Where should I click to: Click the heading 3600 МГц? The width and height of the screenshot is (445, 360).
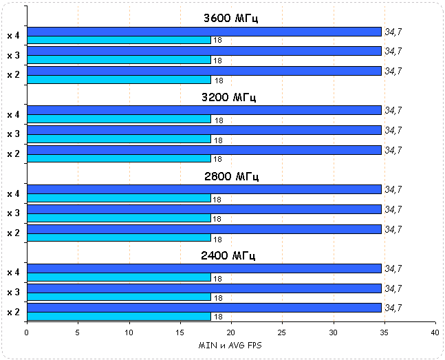230,18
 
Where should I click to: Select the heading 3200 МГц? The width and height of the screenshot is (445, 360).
230,97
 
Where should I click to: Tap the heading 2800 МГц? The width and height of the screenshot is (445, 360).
230,176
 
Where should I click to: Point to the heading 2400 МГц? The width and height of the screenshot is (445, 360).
230,255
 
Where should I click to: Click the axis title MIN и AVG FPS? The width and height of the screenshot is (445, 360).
230,343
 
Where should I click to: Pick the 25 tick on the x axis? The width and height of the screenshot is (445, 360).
282,332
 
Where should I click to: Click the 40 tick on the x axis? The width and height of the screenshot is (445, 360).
435,332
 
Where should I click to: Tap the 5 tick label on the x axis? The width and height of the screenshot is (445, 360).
78,332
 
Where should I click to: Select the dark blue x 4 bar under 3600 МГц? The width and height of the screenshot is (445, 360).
204,31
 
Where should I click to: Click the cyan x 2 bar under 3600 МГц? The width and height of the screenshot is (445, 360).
118,80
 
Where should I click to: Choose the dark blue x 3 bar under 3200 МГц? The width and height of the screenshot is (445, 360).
204,130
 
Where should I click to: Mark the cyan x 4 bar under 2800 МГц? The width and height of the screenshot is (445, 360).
118,198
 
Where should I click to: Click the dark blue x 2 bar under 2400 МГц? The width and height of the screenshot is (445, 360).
204,308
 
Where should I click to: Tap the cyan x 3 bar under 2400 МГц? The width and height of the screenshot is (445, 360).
118,297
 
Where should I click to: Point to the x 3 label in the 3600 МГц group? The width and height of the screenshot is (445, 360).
12,55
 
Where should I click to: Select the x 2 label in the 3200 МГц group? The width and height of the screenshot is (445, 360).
12,154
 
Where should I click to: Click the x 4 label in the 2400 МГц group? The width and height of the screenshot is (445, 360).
12,273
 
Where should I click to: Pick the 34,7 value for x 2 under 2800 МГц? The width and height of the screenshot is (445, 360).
393,229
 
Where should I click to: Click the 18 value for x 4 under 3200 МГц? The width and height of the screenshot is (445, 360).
218,120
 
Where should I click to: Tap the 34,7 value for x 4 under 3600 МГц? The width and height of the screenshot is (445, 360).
393,31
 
